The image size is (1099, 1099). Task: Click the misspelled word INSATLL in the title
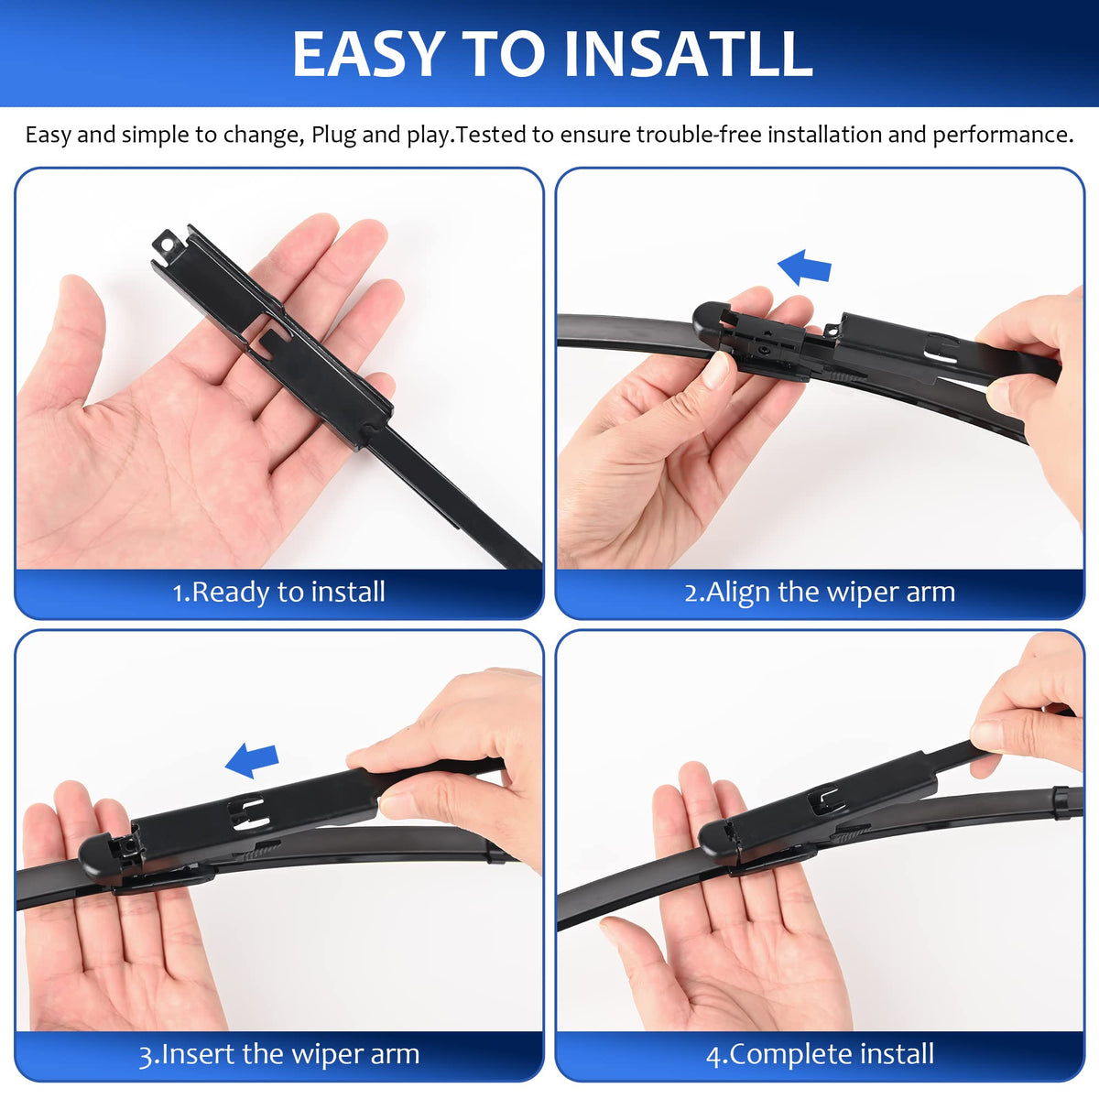click(688, 54)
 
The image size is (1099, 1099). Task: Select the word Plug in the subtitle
click(333, 136)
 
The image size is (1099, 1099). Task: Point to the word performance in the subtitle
click(1003, 136)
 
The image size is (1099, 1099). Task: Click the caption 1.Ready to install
click(279, 592)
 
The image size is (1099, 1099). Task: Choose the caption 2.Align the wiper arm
click(820, 592)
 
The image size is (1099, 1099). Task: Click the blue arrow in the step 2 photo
click(804, 267)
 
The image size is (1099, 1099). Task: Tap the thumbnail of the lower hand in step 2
click(715, 370)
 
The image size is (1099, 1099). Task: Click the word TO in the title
click(503, 54)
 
